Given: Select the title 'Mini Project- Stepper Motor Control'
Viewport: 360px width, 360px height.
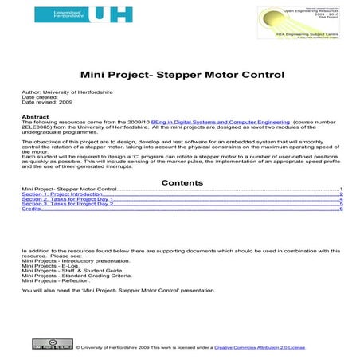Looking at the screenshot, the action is (x=182, y=78).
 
